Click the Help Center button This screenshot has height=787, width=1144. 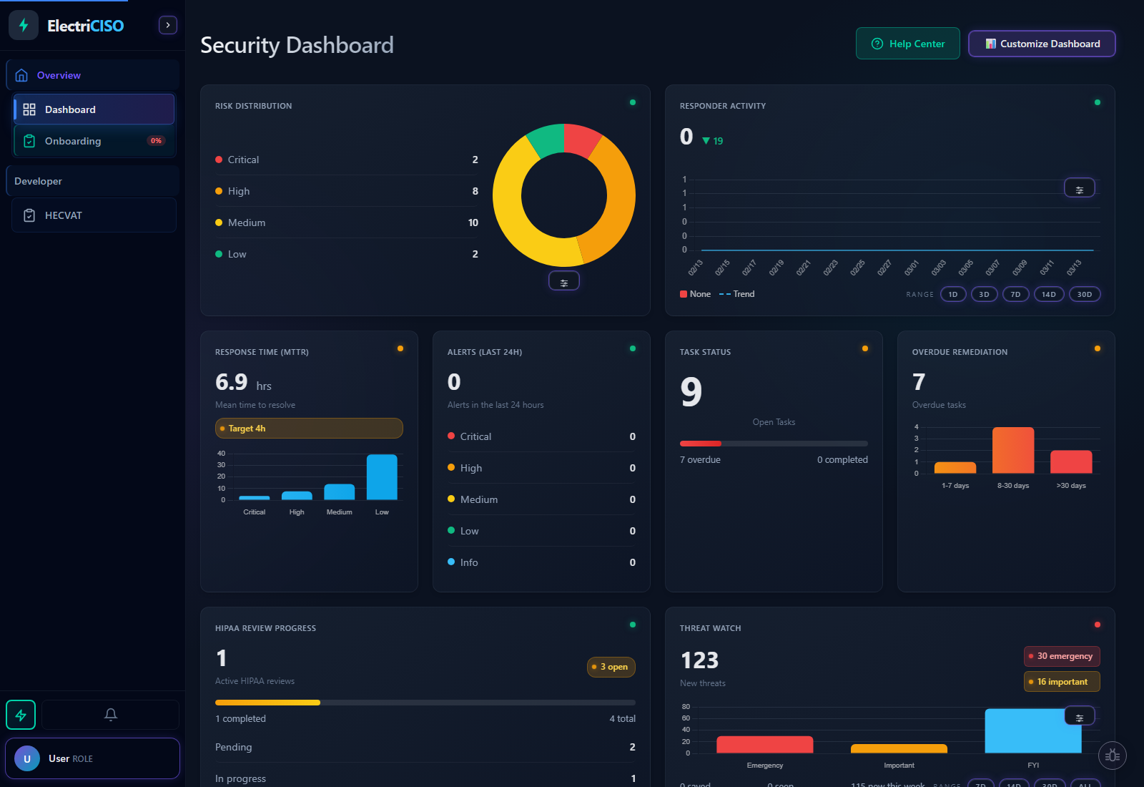907,44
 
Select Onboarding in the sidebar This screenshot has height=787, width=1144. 73,141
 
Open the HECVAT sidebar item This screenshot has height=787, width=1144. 64,215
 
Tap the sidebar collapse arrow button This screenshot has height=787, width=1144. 167,25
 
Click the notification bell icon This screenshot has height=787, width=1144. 110,714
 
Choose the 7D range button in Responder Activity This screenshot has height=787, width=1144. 1015,294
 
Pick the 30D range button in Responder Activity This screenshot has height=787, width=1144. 1084,294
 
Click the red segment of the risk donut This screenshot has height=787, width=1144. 581,139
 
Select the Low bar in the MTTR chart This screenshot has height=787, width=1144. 382,477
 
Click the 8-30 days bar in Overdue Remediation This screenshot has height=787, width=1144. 1013,450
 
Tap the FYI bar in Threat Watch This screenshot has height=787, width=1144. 1032,731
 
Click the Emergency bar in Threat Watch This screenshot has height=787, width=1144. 764,745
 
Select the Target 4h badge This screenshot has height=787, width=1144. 309,429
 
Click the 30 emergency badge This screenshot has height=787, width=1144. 1062,656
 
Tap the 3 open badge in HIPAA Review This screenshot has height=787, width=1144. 611,667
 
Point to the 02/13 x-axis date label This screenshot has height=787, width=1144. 696,268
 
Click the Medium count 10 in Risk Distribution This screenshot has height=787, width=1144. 473,223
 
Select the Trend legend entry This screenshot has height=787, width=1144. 737,294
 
